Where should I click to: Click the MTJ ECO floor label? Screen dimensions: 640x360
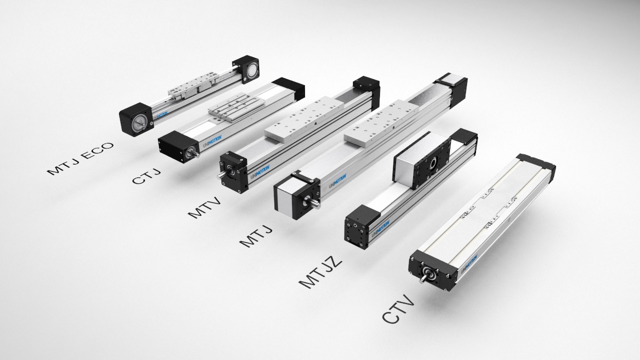point(80,158)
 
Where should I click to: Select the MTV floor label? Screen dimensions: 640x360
point(204,207)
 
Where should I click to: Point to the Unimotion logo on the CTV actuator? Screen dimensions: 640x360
point(469,262)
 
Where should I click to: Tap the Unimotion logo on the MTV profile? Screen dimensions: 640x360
point(259,172)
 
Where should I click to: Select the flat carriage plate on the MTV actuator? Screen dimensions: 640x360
point(304,119)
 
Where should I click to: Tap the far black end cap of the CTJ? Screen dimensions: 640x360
point(288,88)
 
